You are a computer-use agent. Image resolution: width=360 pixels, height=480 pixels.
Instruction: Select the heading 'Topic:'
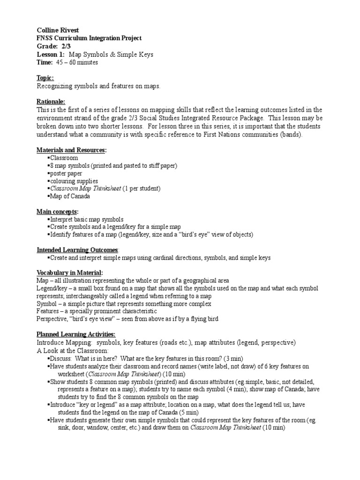pos(45,78)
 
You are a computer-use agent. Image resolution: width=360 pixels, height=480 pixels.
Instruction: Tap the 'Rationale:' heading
pos(51,101)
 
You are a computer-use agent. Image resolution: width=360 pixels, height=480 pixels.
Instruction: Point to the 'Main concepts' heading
pos(57,211)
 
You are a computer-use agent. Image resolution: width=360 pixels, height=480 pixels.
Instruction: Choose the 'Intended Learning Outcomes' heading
pos(77,250)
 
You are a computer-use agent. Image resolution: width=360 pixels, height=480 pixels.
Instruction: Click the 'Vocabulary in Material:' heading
pos(69,273)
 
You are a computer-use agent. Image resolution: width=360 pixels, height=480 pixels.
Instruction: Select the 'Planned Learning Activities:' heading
pos(76,334)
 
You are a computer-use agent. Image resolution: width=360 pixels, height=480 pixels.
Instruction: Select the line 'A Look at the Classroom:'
pos(72,350)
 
